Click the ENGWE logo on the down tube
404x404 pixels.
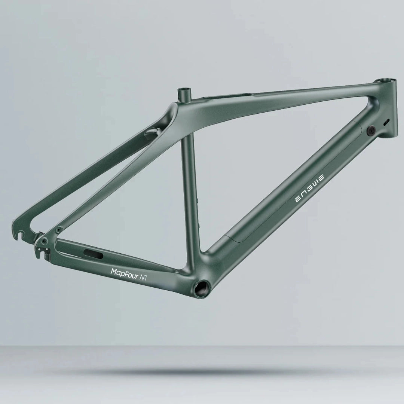click(x=309, y=186)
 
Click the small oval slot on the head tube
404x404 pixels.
click(x=386, y=122)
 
